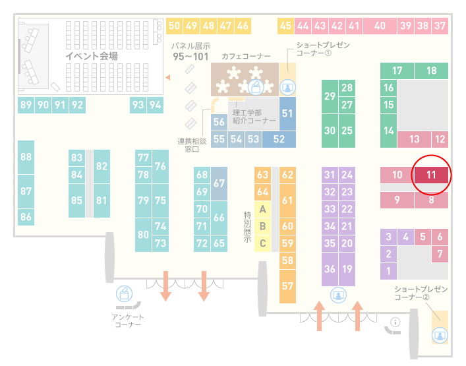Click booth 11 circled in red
(x=431, y=175)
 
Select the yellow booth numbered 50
(x=174, y=26)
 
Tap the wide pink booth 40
(x=380, y=26)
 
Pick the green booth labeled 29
(x=330, y=96)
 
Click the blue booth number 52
(x=279, y=139)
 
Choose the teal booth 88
(x=26, y=157)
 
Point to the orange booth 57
(x=287, y=286)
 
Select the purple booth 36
(x=330, y=269)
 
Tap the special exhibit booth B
(x=262, y=226)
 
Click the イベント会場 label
(x=92, y=56)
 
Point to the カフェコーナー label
(x=246, y=56)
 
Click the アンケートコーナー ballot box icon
(x=124, y=293)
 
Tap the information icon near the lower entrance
(x=395, y=322)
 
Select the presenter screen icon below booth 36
(x=338, y=295)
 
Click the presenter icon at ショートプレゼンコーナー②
(x=440, y=336)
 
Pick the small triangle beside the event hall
(x=168, y=78)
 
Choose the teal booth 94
(x=155, y=105)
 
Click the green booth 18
(x=431, y=71)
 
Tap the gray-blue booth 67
(x=219, y=183)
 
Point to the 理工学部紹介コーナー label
(x=254, y=117)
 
